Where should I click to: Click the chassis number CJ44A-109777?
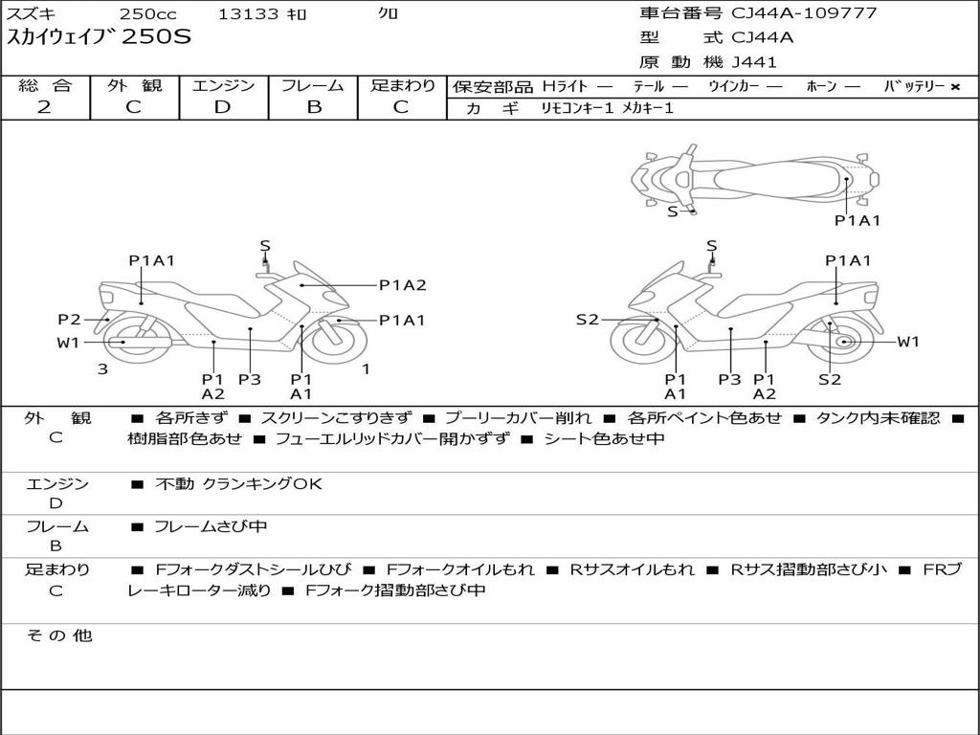click(804, 13)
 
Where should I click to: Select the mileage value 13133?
click(249, 14)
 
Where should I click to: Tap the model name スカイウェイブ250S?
click(100, 38)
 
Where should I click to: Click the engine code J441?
click(755, 62)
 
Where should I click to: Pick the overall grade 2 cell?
click(44, 107)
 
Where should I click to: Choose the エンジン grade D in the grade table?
click(223, 107)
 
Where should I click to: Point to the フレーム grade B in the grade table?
click(314, 107)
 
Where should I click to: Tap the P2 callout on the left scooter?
click(69, 320)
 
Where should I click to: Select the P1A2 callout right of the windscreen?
click(402, 284)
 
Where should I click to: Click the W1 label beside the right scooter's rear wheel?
click(907, 342)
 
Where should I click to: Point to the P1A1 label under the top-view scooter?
click(857, 220)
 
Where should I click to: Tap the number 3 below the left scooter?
click(102, 368)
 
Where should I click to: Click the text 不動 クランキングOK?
click(238, 484)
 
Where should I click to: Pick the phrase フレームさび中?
click(211, 526)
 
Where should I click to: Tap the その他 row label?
click(58, 635)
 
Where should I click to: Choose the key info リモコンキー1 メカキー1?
click(603, 109)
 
